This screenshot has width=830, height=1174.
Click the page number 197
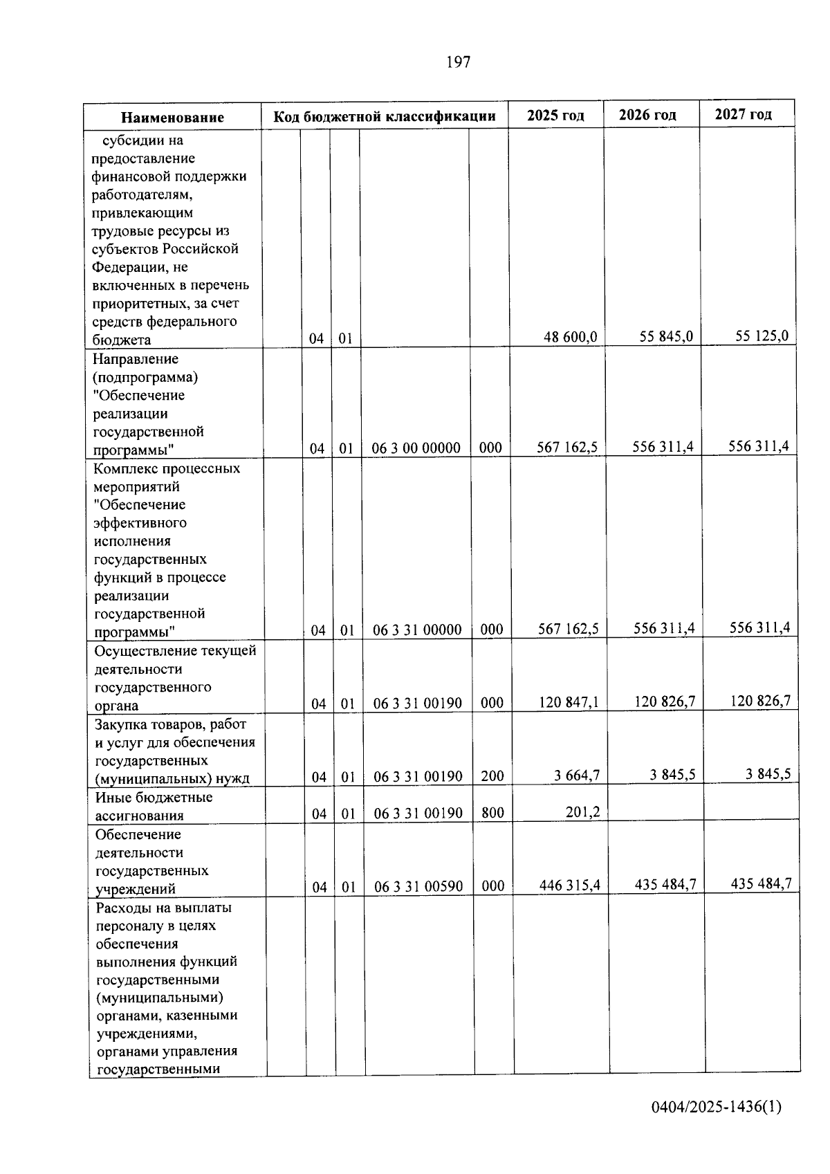pos(458,62)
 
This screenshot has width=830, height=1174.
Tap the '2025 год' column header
pos(555,116)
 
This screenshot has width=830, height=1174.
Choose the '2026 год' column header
pos(647,115)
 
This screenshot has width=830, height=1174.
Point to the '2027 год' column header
pos(743,114)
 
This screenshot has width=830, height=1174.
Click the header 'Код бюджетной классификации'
pos(385,116)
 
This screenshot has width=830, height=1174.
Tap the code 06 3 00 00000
pos(416,448)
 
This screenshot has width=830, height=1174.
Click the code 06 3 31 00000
pos(417,630)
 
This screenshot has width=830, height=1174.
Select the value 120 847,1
pos(569,703)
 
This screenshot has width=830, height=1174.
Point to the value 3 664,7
pos(577,776)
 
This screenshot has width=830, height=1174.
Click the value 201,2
pos(582,812)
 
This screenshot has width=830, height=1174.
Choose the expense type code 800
pos(492,813)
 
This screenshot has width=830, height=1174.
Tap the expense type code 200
pos(492,776)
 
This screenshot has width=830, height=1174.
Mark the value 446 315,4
pos(570,886)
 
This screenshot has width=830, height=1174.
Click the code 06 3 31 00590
pos(418,886)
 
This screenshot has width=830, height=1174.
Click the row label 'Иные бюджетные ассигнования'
pos(154,806)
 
